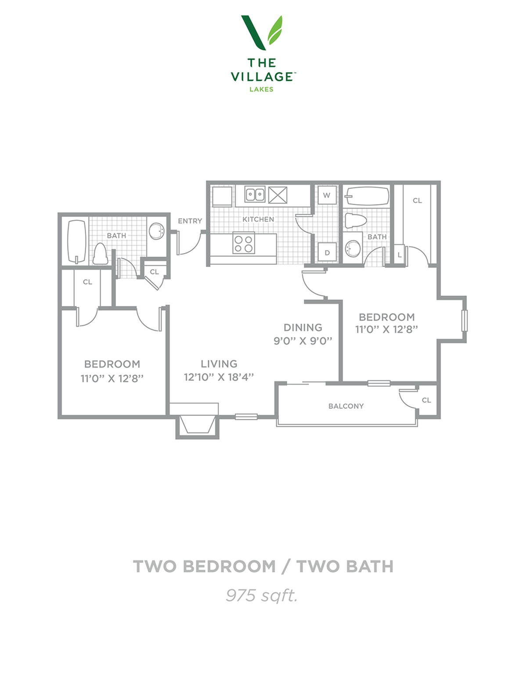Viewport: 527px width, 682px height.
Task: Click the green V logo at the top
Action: (x=261, y=32)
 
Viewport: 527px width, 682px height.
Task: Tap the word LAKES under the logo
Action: (x=261, y=90)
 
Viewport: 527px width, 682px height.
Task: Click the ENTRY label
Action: (x=190, y=221)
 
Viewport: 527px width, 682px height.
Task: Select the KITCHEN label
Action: (x=258, y=219)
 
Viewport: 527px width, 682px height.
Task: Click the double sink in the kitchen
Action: (x=255, y=194)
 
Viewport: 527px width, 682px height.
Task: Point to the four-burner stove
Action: (x=244, y=244)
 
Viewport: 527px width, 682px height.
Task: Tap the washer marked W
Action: (x=326, y=195)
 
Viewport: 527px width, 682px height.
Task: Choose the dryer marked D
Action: (x=327, y=253)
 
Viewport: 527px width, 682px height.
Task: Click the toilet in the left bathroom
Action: (x=100, y=254)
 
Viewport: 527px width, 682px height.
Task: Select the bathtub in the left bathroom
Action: (x=77, y=242)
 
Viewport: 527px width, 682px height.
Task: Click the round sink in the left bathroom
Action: (x=157, y=231)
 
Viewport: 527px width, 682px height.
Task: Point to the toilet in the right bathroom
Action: (x=356, y=220)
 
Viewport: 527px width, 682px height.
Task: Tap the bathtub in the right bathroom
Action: (x=366, y=196)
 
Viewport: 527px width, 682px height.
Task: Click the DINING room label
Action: (x=303, y=327)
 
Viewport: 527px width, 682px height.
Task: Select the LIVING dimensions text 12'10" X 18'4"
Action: (x=219, y=377)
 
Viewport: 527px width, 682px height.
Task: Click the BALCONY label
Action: (x=346, y=406)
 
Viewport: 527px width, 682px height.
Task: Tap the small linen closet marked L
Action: (x=399, y=255)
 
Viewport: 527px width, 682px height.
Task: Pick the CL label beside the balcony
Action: (x=426, y=400)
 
